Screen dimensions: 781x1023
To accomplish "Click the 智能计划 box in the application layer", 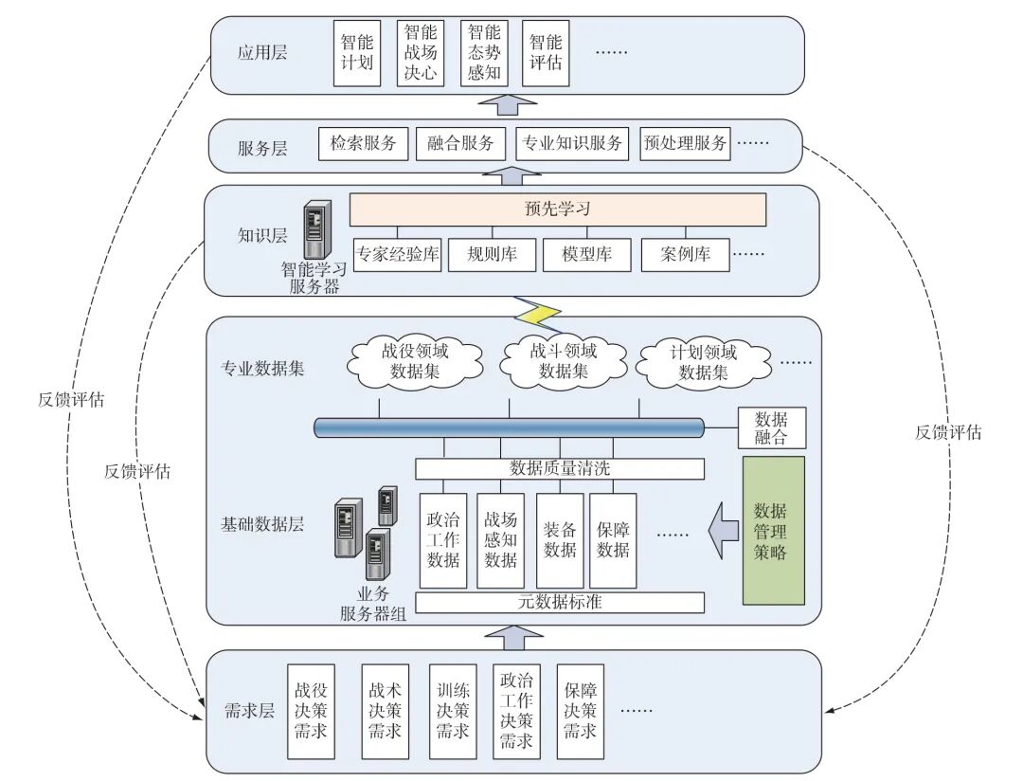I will [357, 54].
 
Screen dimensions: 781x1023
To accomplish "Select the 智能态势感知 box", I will [483, 54].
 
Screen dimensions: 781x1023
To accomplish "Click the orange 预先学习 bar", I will [557, 209].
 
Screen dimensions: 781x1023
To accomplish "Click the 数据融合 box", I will [771, 427].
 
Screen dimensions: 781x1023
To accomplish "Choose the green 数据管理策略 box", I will [773, 531].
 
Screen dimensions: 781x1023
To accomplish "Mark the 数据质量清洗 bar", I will [560, 468].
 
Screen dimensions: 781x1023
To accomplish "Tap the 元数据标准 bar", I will [560, 602].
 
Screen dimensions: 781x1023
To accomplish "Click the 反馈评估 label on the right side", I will [947, 432].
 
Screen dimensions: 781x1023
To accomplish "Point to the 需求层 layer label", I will [248, 711].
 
